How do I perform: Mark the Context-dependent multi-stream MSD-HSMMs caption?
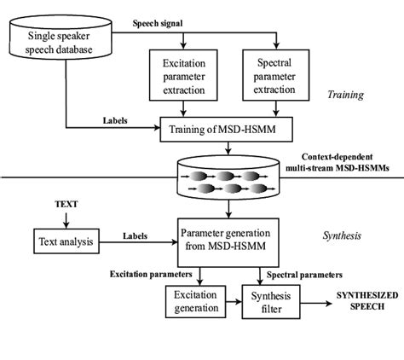click(x=348, y=165)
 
